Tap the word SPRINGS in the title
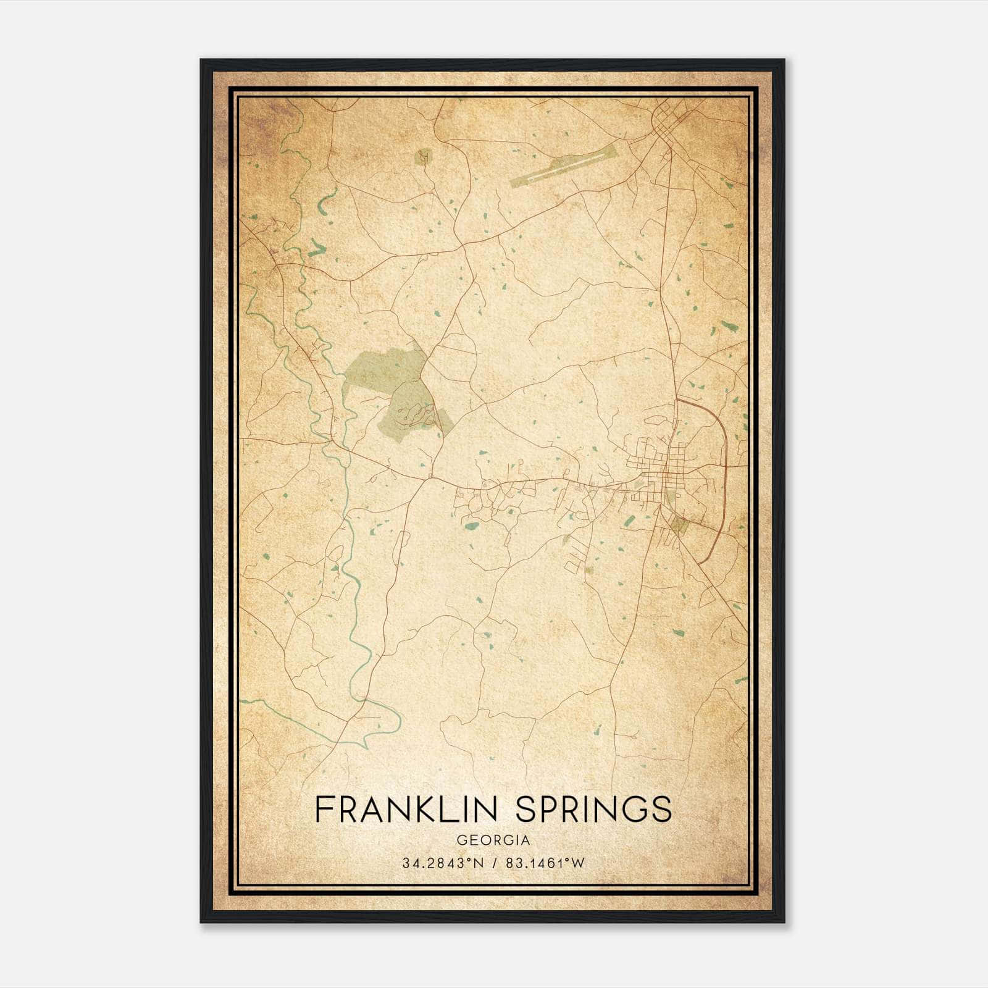(593, 808)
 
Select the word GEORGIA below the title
(493, 840)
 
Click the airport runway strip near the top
(563, 165)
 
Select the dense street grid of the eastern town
(667, 475)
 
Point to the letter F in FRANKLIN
(323, 808)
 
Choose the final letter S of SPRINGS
(663, 808)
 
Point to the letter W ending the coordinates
(577, 863)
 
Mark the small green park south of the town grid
(678, 525)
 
